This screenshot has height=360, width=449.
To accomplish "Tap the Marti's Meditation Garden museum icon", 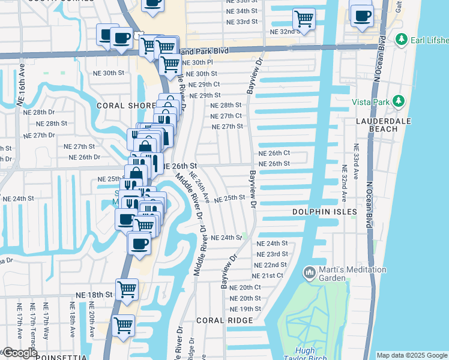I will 310,274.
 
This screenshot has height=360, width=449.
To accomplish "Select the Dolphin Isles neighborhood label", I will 325,212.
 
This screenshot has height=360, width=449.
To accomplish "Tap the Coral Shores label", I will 125,105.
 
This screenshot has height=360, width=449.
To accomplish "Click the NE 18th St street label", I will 94,295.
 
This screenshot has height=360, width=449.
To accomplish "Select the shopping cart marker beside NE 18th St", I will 127,289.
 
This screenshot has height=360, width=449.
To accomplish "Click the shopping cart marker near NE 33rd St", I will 304,18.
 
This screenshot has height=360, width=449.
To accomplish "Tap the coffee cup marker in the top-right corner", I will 362,16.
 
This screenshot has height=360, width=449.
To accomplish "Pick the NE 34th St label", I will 242,11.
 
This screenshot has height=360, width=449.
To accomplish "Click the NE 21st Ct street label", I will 268,275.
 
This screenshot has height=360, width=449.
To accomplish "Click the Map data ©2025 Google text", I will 412,355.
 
